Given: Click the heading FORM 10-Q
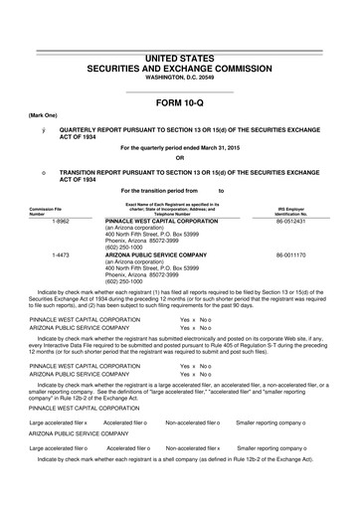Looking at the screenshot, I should pyautogui.click(x=179, y=101).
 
